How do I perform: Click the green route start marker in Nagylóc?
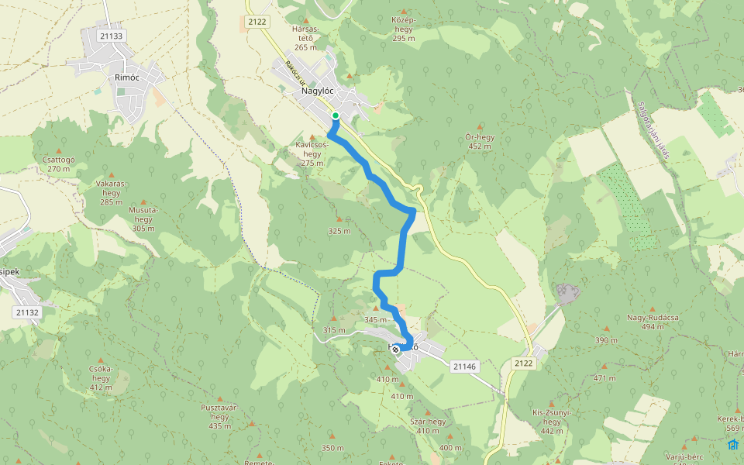click(x=336, y=116)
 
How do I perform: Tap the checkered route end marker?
click(x=396, y=350)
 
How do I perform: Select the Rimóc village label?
click(x=126, y=77)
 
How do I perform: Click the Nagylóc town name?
click(x=317, y=91)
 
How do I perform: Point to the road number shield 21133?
click(x=112, y=36)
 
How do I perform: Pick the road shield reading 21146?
click(x=464, y=366)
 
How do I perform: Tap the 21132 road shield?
click(x=27, y=312)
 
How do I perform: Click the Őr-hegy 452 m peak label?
click(x=480, y=141)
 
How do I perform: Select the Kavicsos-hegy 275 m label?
click(x=312, y=153)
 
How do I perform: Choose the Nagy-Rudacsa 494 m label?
click(x=641, y=322)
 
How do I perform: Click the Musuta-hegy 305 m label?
click(x=143, y=219)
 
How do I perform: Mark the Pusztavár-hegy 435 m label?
click(x=219, y=416)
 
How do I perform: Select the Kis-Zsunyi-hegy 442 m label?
click(x=551, y=422)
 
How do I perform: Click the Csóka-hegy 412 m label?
click(x=101, y=378)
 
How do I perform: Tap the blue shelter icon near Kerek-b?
click(x=732, y=444)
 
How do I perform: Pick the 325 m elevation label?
click(x=339, y=231)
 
